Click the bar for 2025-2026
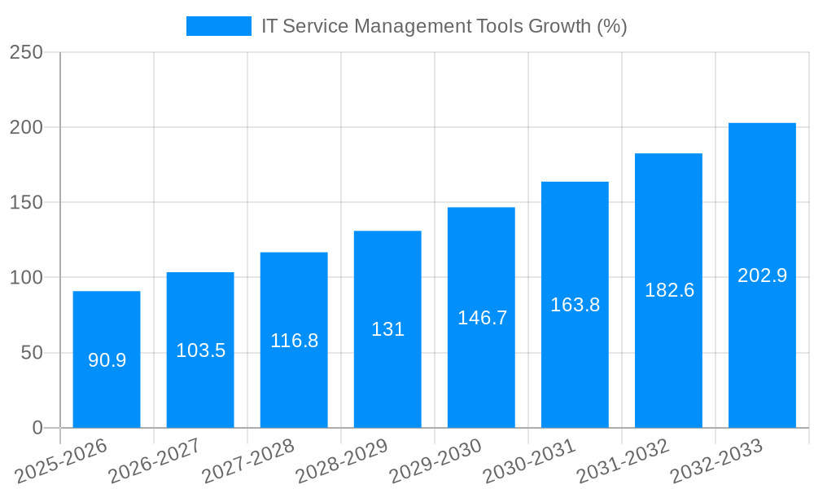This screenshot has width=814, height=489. coord(107,359)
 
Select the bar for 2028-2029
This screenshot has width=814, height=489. coord(387,329)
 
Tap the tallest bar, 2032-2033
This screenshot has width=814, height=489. coord(762,275)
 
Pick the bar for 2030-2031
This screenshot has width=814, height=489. coord(575,305)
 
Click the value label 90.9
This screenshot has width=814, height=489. coord(107,360)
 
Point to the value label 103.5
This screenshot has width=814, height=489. coord(200,350)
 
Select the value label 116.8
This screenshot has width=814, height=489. coord(294,341)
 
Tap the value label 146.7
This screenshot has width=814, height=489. coord(482,318)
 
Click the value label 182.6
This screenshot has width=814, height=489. coord(669,290)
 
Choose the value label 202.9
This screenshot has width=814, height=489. coord(762,275)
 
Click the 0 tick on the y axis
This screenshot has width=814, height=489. coord(37,428)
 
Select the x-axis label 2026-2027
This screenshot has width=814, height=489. coord(155,460)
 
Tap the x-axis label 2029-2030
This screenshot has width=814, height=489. coord(435,460)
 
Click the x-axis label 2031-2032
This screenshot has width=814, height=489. coord(623,460)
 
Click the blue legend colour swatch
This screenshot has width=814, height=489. coord(219,26)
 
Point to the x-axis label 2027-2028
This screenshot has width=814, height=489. coord(248,460)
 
